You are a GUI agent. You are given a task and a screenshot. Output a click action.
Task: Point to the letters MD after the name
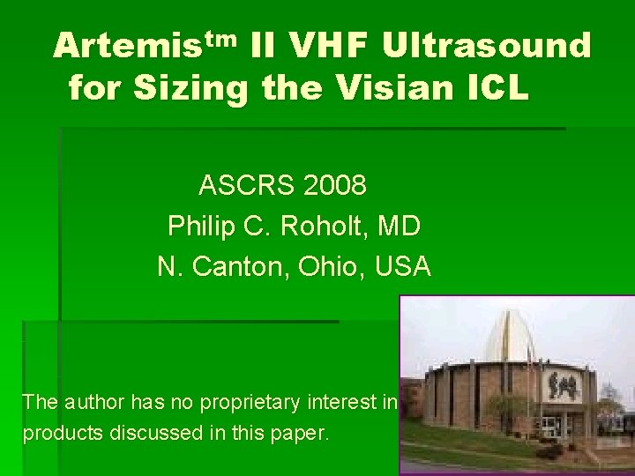tap(399, 226)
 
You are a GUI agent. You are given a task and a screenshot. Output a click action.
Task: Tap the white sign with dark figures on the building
tap(565, 384)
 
